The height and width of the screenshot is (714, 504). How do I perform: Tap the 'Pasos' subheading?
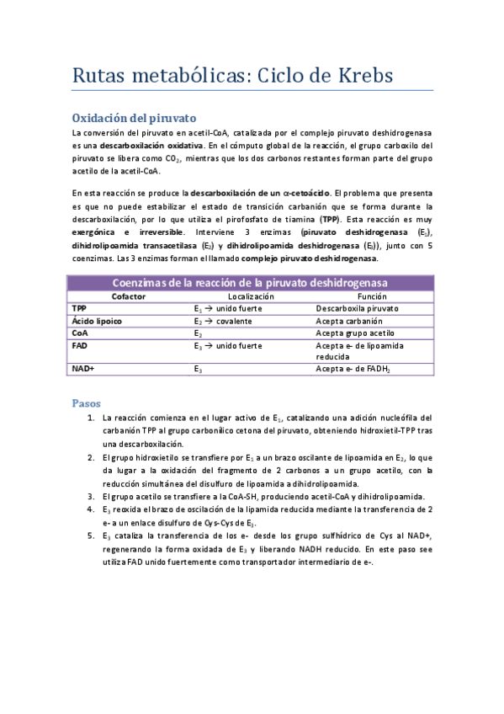click(88, 403)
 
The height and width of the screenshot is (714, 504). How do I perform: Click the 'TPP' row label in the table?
click(81, 309)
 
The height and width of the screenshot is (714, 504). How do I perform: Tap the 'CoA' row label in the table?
click(81, 333)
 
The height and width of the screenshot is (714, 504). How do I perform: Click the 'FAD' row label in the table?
click(81, 345)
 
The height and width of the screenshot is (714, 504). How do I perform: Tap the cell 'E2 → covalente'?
click(225, 321)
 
